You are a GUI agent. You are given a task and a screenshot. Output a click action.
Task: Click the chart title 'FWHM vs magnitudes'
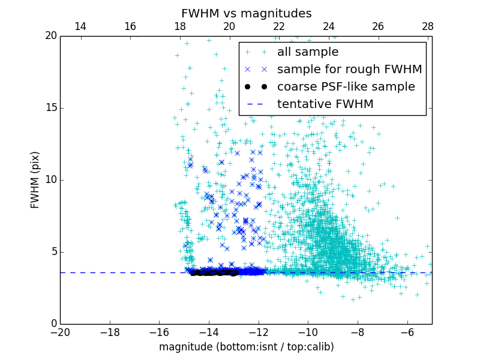coord(246,13)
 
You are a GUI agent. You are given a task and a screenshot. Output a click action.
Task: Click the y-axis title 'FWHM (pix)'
coord(35,180)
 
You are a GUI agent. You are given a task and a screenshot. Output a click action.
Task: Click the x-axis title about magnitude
coord(246,347)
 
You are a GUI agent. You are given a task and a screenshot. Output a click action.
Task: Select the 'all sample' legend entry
coord(307,52)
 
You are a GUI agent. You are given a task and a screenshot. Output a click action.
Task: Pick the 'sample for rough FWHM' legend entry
coord(349,70)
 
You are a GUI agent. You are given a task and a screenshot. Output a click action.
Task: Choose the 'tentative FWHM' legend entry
coord(325,104)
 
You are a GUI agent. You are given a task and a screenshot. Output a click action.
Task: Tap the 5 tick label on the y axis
coord(52,252)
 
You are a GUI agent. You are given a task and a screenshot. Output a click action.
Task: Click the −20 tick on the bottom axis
coord(60,332)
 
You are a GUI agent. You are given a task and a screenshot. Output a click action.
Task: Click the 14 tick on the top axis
coord(80,26)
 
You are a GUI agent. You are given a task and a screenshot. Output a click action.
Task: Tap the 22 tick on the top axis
coord(279,26)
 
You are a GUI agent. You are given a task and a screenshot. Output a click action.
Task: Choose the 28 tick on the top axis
coord(428,26)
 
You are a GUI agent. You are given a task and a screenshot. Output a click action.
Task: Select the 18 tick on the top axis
coord(180,26)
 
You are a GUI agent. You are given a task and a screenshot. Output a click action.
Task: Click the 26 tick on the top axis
coord(378,26)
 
